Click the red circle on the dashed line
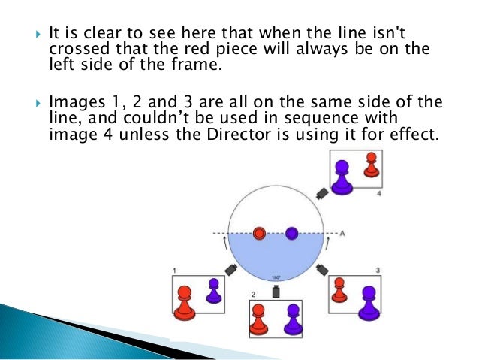tap(260, 233)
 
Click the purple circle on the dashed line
tap(292, 233)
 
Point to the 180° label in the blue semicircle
tap(276, 276)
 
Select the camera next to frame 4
tap(322, 192)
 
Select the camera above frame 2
tap(276, 291)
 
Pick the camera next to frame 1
tap(230, 268)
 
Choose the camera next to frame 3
tap(323, 268)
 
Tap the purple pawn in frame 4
tap(342, 177)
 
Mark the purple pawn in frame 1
tap(213, 291)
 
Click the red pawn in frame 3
tap(339, 289)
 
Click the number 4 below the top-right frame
tap(379, 193)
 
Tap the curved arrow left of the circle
tap(224, 242)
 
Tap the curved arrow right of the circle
tap(327, 242)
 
